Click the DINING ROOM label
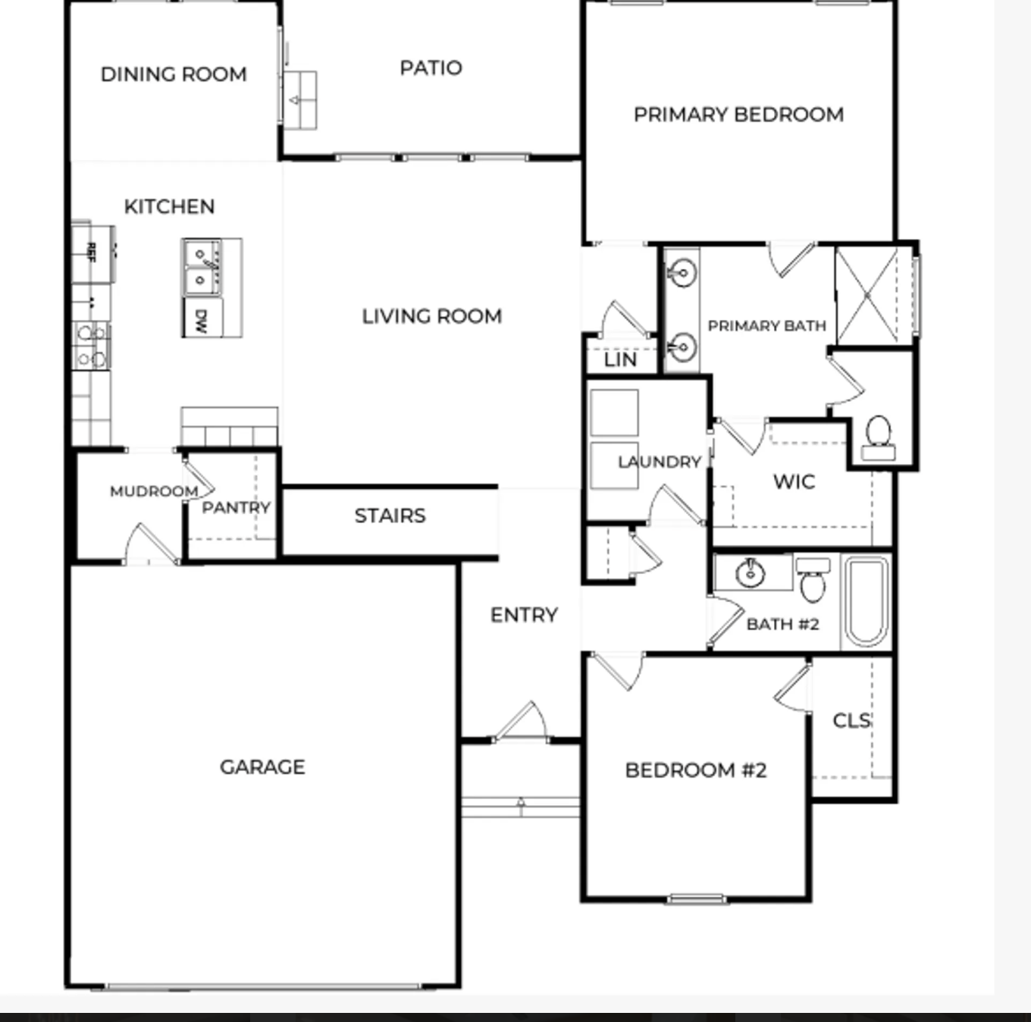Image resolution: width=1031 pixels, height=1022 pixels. (x=174, y=74)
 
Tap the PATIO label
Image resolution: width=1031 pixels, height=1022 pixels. (x=431, y=68)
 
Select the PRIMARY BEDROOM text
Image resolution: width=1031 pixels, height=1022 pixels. (x=739, y=114)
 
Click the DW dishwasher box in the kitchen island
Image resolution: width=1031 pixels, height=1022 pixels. (x=202, y=318)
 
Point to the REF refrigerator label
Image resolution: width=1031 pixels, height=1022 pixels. (x=91, y=252)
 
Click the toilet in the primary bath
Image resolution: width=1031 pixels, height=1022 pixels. (x=878, y=437)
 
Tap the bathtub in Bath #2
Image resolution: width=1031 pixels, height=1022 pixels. (x=866, y=601)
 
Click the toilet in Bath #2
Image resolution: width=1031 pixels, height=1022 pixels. (x=813, y=580)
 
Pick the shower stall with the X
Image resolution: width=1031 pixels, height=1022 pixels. (x=867, y=296)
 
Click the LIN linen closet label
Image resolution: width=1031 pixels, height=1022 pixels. (x=620, y=359)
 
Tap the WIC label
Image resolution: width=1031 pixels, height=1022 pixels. (x=794, y=481)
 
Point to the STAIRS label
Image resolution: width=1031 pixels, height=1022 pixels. (x=390, y=516)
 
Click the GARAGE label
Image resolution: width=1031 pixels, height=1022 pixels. (x=263, y=766)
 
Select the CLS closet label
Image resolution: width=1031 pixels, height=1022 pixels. (x=852, y=721)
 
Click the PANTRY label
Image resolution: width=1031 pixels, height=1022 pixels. (x=236, y=507)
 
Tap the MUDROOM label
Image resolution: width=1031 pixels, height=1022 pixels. (x=154, y=491)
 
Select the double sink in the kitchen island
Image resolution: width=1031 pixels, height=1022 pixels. (x=202, y=266)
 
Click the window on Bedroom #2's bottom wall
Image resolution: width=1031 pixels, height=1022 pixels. (x=696, y=899)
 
